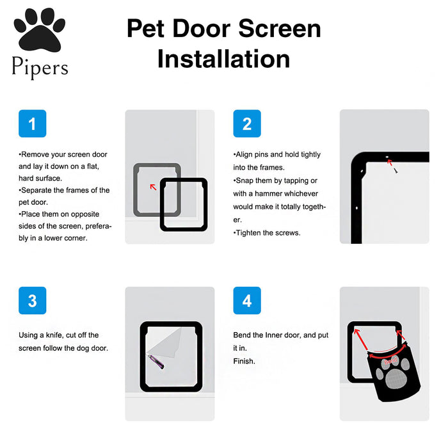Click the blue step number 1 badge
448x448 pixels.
32,124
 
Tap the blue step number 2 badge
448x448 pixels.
247,124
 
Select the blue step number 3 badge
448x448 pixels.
32,300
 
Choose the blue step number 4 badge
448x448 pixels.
247,300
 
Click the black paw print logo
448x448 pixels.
40,30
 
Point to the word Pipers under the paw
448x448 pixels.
40,67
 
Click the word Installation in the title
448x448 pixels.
224,59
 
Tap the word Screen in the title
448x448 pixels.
280,28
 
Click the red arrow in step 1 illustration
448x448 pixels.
153,187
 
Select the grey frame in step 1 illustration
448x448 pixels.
136,190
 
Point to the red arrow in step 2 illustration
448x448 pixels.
389,162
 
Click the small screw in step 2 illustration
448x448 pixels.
396,171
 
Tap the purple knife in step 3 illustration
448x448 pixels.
156,362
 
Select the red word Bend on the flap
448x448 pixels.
390,361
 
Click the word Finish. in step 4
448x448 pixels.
244,361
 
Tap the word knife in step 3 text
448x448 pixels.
54,335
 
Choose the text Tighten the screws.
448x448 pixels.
267,233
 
